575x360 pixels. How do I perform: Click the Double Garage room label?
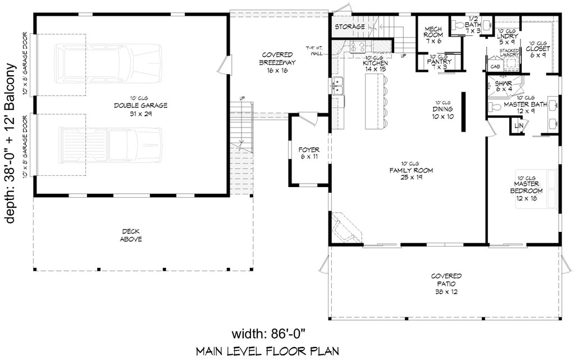(x=133, y=106)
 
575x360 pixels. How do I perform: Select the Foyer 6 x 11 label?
(x=309, y=153)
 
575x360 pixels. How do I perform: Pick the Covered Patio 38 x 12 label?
(x=446, y=284)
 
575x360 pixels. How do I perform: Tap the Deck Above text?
(x=130, y=235)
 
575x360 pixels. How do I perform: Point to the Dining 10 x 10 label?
(x=443, y=109)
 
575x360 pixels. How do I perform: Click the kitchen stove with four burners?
(x=357, y=47)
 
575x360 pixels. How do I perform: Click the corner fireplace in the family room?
(x=345, y=227)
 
